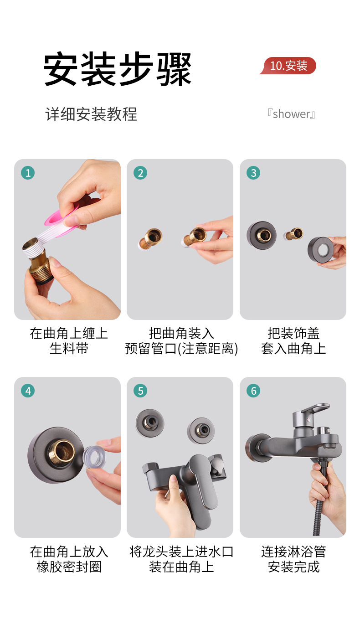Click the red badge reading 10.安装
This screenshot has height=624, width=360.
288,66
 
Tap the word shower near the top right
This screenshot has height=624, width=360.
291,114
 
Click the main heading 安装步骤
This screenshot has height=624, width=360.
118,69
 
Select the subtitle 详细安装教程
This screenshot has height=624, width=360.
91,114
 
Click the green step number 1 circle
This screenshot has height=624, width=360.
28,173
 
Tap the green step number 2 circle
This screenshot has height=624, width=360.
140,173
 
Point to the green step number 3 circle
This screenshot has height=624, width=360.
253,173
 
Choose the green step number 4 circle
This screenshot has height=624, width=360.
28,391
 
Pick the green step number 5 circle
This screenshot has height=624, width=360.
140,391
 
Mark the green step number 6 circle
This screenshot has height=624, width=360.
253,391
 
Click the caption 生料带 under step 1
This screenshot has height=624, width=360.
69,349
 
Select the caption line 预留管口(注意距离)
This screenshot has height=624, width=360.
181,349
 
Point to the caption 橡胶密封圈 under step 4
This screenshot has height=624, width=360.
69,567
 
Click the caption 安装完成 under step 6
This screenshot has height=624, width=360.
293,567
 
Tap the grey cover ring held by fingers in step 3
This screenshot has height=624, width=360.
320,249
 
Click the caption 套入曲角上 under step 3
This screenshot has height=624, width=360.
293,349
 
